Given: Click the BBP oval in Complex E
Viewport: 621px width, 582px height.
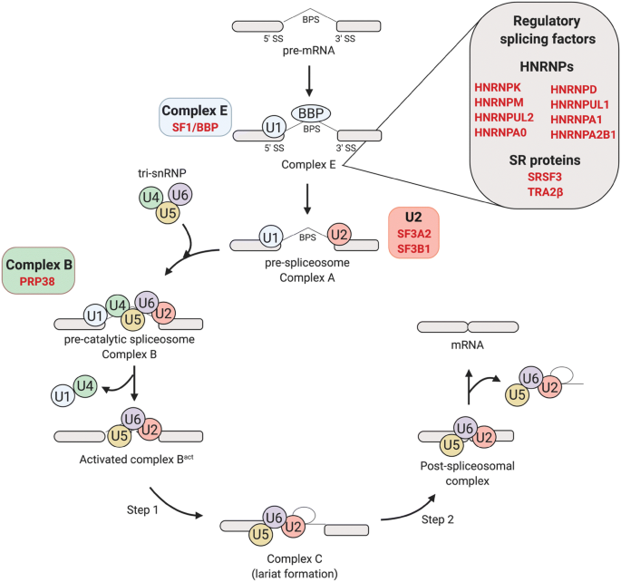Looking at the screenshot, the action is coord(311,113).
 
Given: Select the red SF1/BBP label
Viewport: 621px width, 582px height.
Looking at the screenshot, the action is coord(195,128).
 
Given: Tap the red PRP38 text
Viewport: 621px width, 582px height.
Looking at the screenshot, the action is coord(37,282).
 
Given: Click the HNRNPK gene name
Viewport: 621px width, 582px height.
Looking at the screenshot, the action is coord(498,88).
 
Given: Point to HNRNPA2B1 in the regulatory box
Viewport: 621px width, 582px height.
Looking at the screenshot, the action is coord(583,134).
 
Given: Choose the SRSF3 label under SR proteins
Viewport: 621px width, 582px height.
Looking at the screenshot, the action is coord(545,177).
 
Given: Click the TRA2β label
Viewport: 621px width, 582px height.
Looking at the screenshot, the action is coord(545,192).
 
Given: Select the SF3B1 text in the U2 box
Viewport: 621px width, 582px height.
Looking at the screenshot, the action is coord(413,248).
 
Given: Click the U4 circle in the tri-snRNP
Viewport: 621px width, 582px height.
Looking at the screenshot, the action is coord(150,197).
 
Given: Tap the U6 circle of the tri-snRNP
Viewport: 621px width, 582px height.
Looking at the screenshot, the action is coord(180,194).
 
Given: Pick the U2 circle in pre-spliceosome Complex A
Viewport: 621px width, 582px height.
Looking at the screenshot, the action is coord(339,235).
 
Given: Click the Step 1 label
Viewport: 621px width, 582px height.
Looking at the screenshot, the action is coord(142,510).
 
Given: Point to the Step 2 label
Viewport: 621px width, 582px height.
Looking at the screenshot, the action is coord(438,519).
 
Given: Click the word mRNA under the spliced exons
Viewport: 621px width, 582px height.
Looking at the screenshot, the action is coord(467,344).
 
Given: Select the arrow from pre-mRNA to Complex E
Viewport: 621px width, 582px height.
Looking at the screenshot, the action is coord(309,81).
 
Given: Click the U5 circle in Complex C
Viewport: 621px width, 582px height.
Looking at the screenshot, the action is coord(260,535).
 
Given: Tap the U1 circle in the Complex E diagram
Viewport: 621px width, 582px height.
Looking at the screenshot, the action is coord(274,128).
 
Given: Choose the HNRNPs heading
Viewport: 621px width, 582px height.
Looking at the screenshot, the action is coord(547,66).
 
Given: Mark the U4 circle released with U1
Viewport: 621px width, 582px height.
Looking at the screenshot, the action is coord(85,386).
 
